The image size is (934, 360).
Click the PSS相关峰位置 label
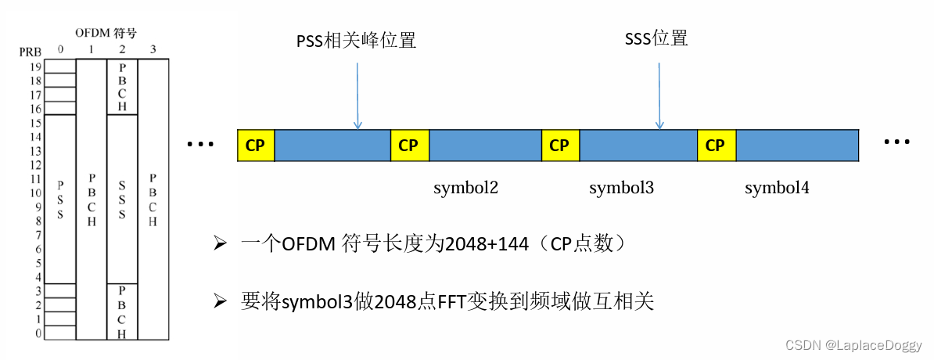[x=357, y=39]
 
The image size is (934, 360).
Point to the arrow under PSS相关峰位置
[x=357, y=94]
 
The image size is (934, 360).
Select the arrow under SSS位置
[x=659, y=94]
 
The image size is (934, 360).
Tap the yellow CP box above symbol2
[x=408, y=146]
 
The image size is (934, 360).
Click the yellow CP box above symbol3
[x=559, y=146]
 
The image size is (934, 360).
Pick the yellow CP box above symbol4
[x=715, y=146]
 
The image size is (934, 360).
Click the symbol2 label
[x=466, y=189]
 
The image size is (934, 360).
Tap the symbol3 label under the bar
[x=621, y=189]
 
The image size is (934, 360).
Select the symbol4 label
[x=777, y=189]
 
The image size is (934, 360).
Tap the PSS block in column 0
[x=60, y=200]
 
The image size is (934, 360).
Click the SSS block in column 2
[x=122, y=200]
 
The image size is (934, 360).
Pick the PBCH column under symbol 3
[x=153, y=200]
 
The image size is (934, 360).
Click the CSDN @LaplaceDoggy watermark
[x=864, y=345]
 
